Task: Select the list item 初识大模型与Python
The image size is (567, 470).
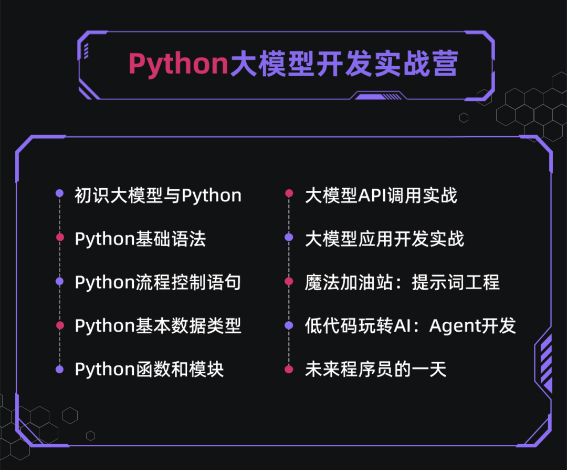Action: point(158,196)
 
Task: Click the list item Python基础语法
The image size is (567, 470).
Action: point(140,239)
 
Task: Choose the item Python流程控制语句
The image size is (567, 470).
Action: point(158,282)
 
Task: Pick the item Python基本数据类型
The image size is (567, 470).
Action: point(158,326)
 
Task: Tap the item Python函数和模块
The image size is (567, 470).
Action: point(149,370)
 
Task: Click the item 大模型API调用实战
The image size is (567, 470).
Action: point(381,196)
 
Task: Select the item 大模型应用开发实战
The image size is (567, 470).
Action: point(384,239)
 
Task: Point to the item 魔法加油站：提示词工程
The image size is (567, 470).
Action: point(402,282)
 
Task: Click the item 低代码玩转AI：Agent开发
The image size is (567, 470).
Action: point(411,326)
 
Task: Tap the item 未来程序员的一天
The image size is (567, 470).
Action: point(375,370)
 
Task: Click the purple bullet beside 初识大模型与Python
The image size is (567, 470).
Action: point(60,193)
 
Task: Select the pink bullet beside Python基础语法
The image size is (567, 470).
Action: point(60,237)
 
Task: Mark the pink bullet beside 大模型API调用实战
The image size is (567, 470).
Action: point(289,193)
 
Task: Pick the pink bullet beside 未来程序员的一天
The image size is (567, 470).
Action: point(289,370)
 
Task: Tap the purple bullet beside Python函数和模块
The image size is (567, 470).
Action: point(60,370)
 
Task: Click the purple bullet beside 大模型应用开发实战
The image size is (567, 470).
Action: point(289,237)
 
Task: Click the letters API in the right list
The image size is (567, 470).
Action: point(372,196)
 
